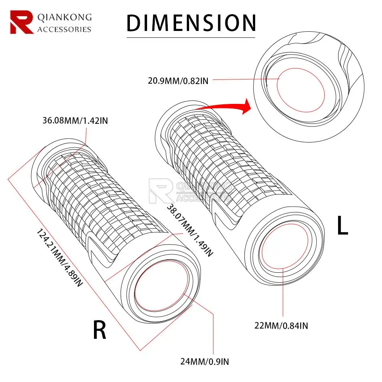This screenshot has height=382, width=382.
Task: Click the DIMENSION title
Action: pyautogui.click(x=191, y=23)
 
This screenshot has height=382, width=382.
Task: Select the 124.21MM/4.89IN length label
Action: pyautogui.click(x=59, y=258)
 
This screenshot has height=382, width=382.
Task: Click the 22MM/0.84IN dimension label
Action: pyautogui.click(x=281, y=325)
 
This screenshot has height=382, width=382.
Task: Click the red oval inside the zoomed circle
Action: pyautogui.click(x=300, y=90)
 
